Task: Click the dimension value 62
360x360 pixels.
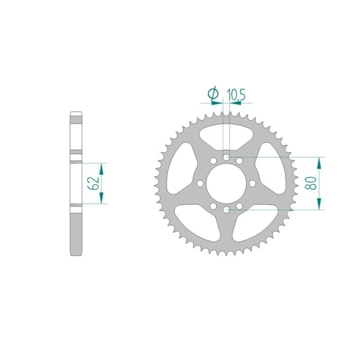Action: [x=93, y=183]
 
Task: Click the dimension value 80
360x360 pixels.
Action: [x=310, y=183]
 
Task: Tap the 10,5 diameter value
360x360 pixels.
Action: [x=236, y=95]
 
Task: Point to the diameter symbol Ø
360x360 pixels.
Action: [x=213, y=93]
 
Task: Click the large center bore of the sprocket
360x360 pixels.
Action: [x=226, y=183]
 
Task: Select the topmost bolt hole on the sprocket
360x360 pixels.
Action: [x=226, y=157]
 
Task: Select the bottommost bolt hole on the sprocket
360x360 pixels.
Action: [x=226, y=210]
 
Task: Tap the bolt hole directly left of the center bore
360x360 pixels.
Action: [x=200, y=183]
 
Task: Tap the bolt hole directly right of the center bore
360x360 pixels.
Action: [x=253, y=183]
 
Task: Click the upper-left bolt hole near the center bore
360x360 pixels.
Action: [x=213, y=160]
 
